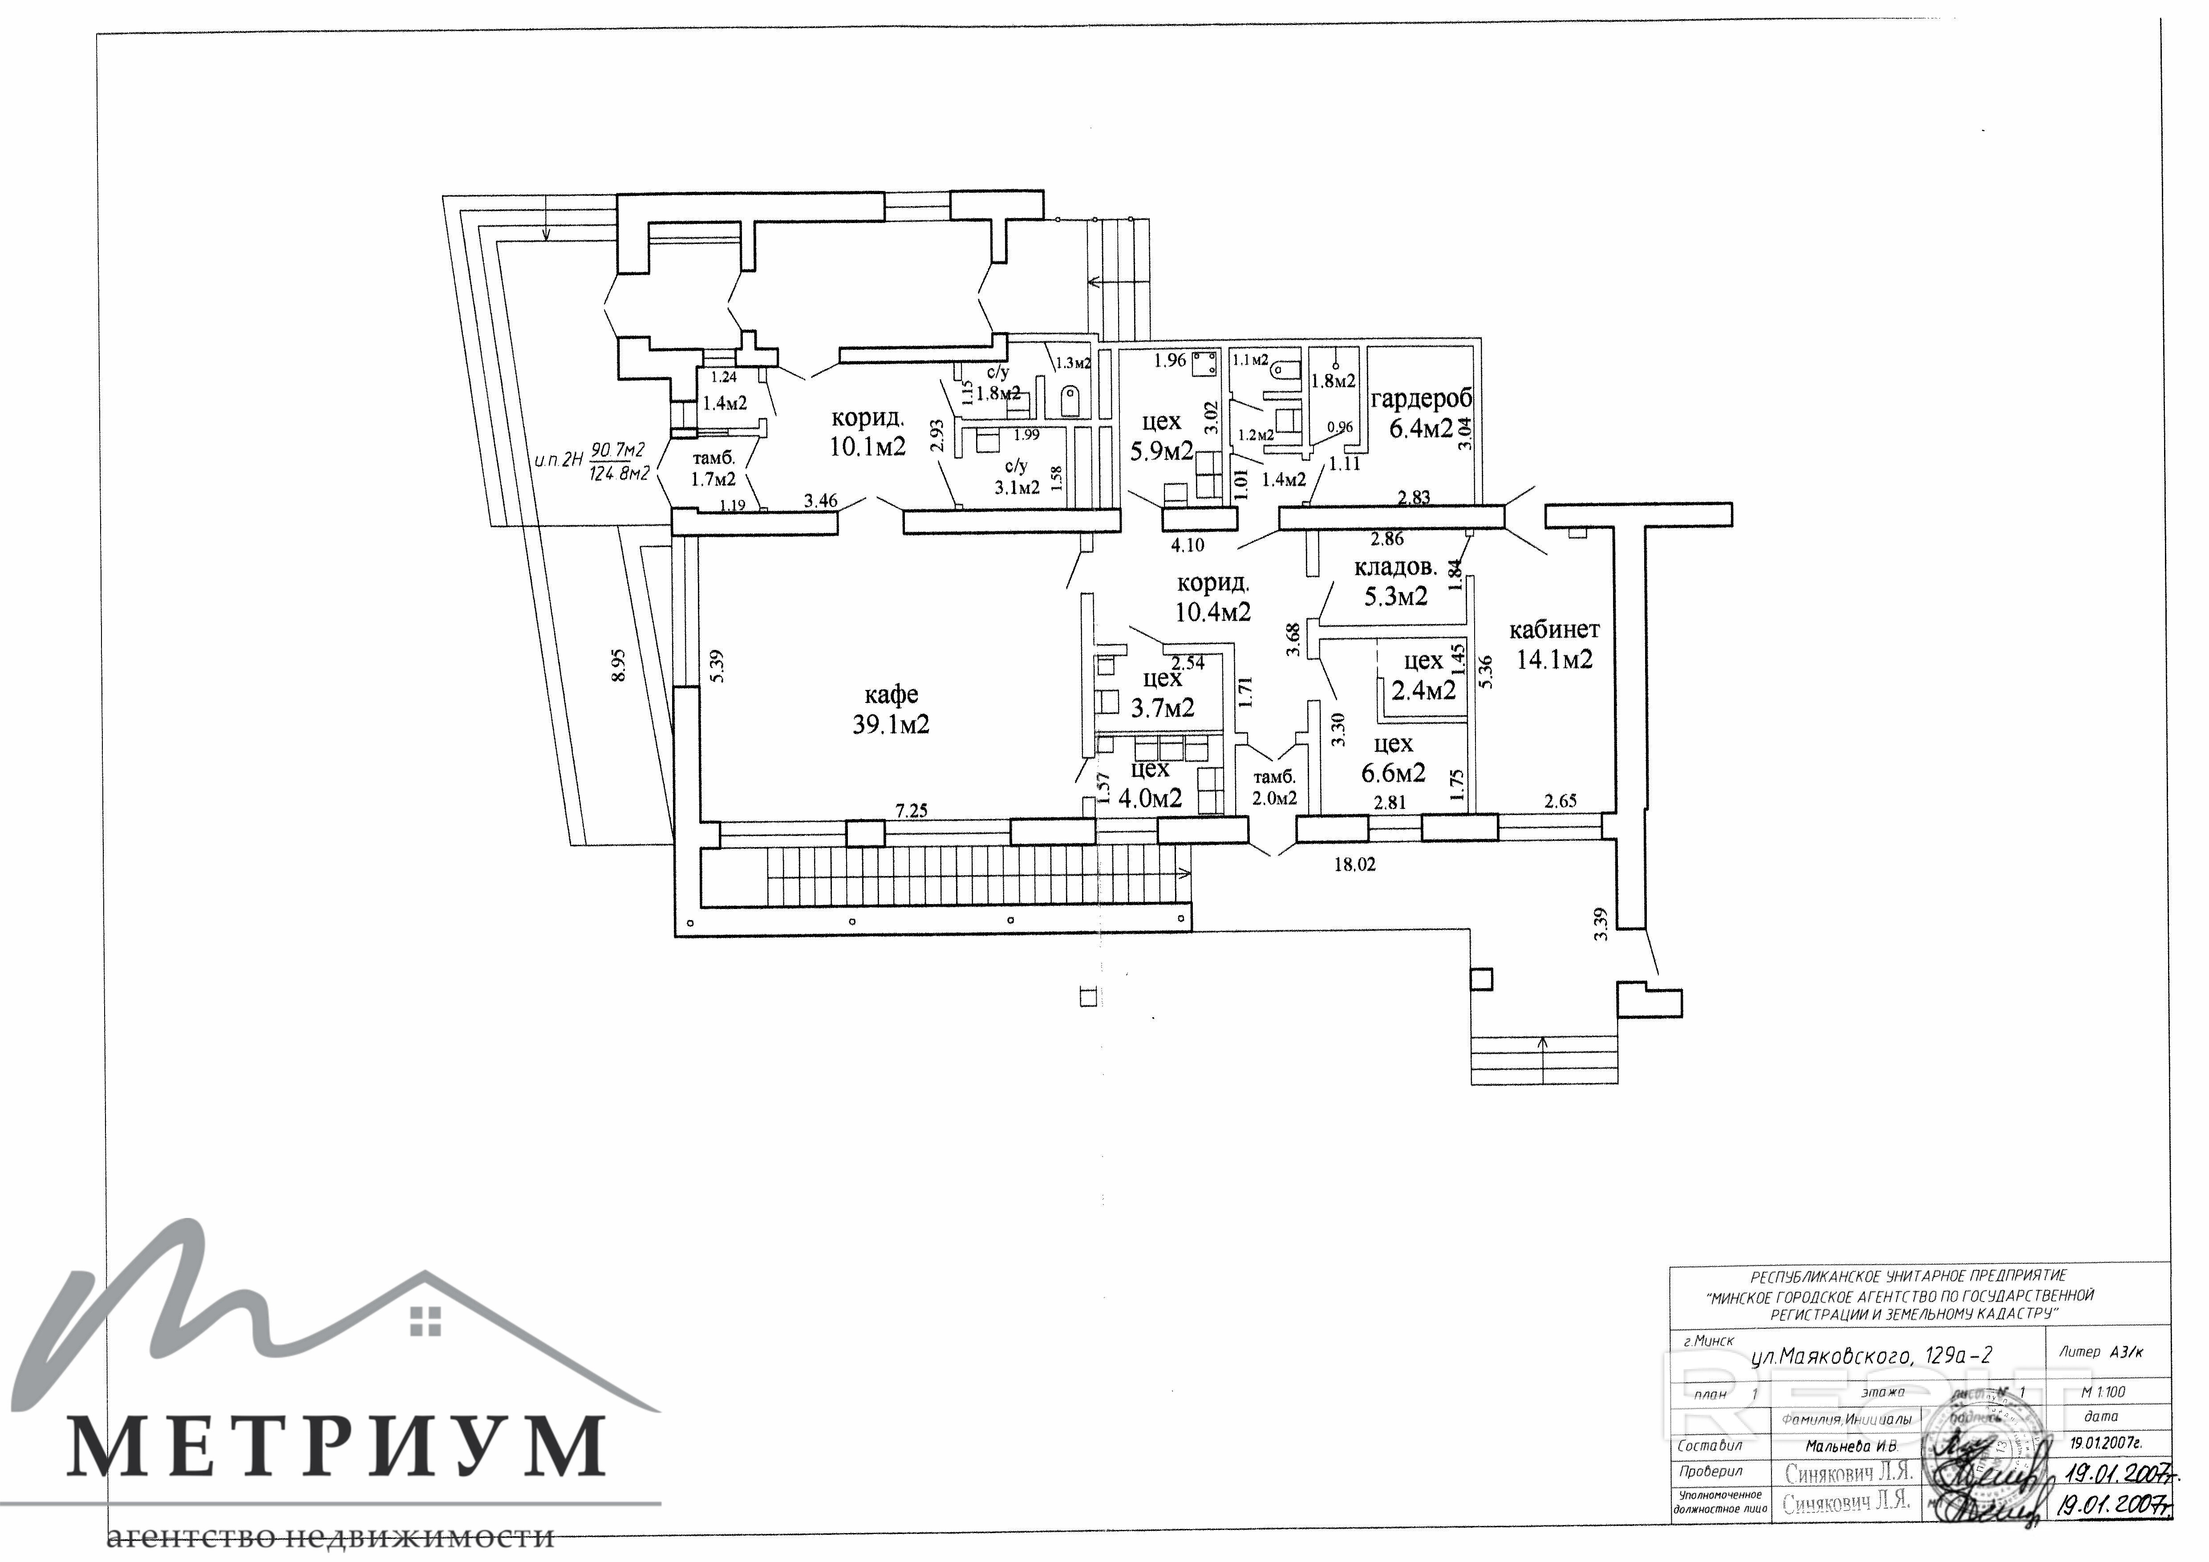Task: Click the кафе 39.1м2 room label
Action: pos(891,709)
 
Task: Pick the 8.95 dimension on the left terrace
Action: pos(619,664)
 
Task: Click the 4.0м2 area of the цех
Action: pos(1151,797)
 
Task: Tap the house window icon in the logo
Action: pos(424,1321)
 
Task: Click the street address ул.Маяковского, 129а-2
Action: pos(1871,1357)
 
